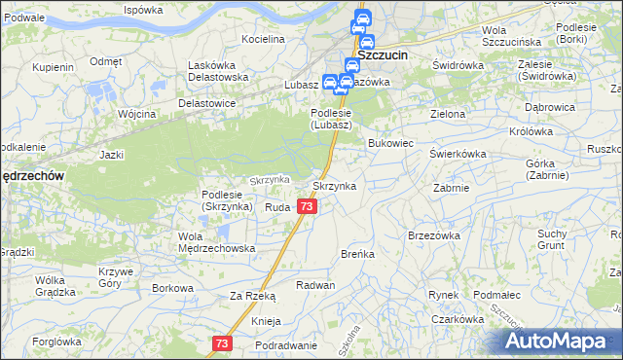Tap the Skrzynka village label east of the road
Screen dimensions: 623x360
tap(334, 185)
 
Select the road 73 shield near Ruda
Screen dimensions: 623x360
tap(307, 206)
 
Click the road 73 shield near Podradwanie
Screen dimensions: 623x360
tap(223, 343)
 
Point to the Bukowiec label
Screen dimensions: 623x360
tap(391, 143)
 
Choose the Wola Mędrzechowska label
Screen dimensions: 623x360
tap(216, 241)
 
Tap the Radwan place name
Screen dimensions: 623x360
tap(315, 285)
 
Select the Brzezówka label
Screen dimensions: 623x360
tap(434, 234)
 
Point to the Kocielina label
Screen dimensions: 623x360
tap(264, 39)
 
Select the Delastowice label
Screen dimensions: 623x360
tap(207, 102)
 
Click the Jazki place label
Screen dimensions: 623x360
tap(111, 154)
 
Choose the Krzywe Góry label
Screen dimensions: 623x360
tap(116, 276)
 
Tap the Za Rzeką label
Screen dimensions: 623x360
tap(252, 296)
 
